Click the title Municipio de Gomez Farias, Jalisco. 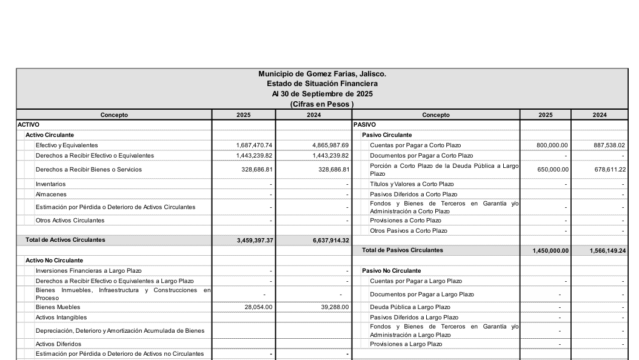(322, 74)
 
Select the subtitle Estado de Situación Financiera (322, 84)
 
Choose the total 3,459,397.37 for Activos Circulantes (255, 241)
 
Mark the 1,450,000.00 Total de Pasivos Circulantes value (550, 250)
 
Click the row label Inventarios (50, 184)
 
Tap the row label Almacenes (50, 195)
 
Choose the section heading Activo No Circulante (54, 260)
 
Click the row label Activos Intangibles (61, 317)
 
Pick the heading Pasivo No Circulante (391, 271)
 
